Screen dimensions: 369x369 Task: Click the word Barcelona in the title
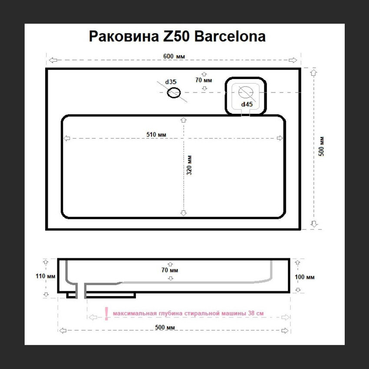(x=230, y=36)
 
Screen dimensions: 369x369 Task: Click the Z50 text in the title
(x=177, y=36)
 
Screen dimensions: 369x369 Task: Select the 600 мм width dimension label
(x=174, y=56)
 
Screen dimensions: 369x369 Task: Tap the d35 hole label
(x=171, y=82)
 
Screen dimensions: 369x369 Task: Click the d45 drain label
(x=247, y=104)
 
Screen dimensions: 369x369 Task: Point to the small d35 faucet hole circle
(x=174, y=92)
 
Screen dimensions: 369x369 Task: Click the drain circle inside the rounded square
(x=246, y=92)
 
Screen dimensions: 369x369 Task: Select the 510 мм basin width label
(x=156, y=135)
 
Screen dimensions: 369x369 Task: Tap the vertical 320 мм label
(x=189, y=165)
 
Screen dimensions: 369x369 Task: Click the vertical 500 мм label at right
(x=321, y=146)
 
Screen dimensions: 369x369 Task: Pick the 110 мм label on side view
(x=46, y=276)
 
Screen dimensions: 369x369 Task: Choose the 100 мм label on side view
(x=304, y=277)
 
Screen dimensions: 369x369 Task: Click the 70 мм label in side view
(x=170, y=270)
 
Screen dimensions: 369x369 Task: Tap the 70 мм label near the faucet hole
(x=204, y=80)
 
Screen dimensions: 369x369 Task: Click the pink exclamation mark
(x=107, y=314)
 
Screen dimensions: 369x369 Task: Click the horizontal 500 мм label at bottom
(x=165, y=327)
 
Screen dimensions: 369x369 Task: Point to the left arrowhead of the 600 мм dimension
(x=53, y=60)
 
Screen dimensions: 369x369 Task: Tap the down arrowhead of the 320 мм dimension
(x=184, y=213)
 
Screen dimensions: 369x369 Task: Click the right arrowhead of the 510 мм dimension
(x=280, y=138)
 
